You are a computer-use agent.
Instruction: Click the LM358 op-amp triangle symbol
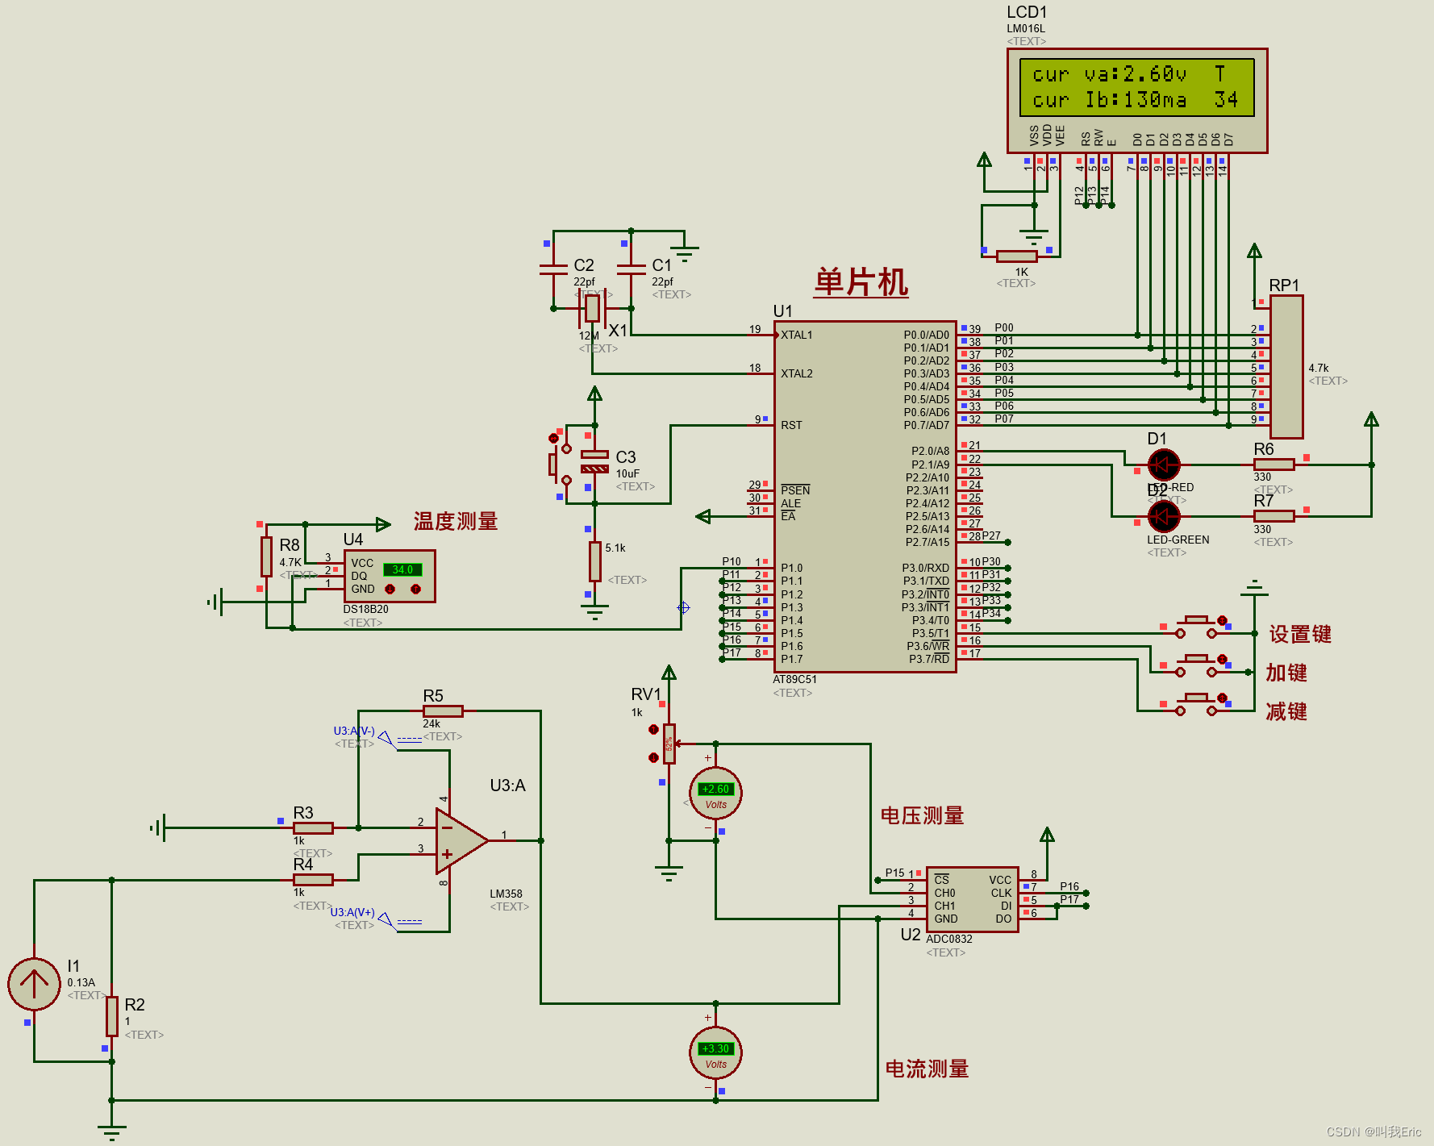[x=459, y=841]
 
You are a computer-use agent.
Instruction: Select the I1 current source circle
[x=34, y=983]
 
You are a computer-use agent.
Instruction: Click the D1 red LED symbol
[x=1163, y=465]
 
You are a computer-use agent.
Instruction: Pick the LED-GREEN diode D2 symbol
[x=1163, y=516]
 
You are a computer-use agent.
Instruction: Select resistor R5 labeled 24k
[x=443, y=711]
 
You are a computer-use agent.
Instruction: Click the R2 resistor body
[x=112, y=1016]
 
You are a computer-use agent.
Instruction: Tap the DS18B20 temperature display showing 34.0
[x=402, y=569]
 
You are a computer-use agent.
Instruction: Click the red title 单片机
[x=861, y=283]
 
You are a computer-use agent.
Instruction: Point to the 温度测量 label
[x=456, y=522]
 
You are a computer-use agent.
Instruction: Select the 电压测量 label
[x=922, y=816]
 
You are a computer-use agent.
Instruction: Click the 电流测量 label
[x=927, y=1069]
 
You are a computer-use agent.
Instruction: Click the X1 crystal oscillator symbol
[x=592, y=308]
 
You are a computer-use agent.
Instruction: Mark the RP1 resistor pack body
[x=1286, y=367]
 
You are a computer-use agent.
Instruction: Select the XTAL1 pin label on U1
[x=797, y=335]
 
